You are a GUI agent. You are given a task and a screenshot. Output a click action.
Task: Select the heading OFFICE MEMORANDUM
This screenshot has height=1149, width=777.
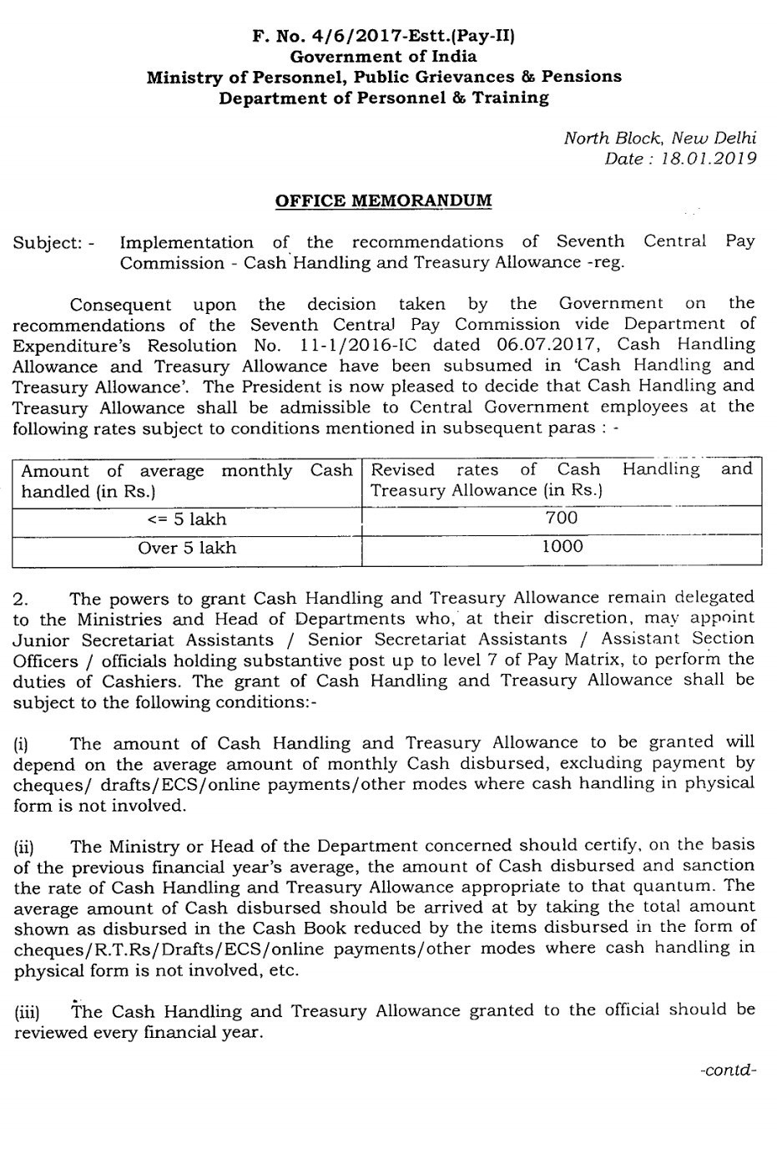click(383, 201)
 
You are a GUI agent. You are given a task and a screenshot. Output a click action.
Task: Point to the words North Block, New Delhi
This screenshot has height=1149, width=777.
click(659, 138)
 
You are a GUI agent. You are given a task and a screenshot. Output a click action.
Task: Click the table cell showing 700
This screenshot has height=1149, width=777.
click(561, 518)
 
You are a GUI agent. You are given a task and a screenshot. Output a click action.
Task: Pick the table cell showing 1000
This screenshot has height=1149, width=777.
click(562, 547)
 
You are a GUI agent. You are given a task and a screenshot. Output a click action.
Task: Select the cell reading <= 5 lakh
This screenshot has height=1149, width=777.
click(187, 519)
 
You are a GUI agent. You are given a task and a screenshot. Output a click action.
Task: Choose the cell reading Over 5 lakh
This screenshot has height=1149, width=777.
click(187, 548)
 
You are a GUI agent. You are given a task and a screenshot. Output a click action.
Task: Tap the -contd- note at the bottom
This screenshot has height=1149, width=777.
click(729, 1071)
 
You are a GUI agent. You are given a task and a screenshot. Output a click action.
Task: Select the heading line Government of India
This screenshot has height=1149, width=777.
click(384, 57)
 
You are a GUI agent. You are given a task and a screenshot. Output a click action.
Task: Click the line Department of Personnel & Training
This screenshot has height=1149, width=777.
click(384, 98)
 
